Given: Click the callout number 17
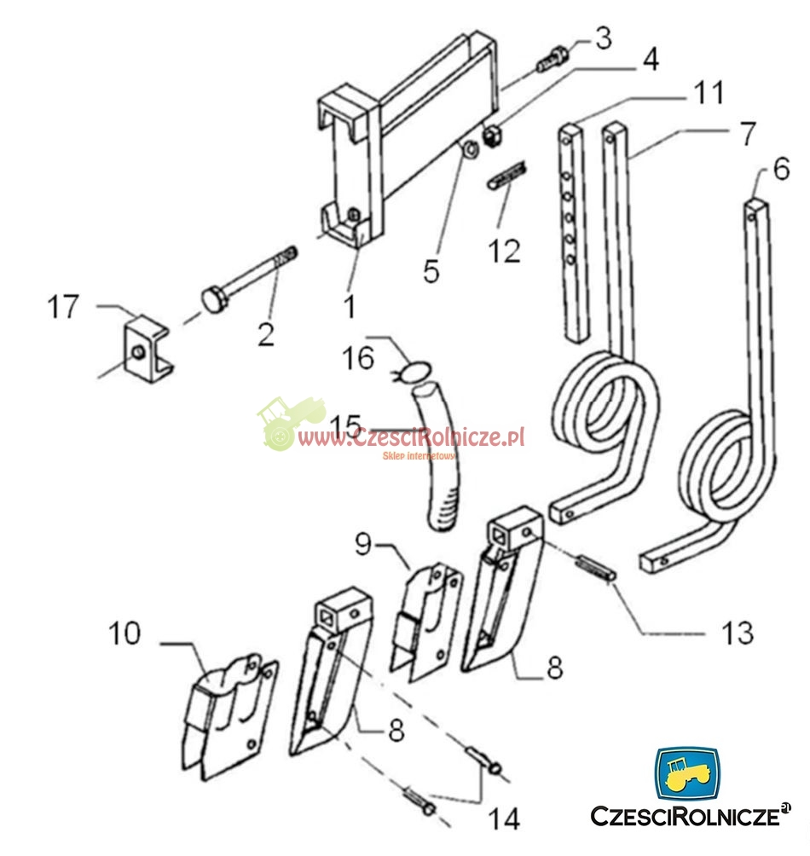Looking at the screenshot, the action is coord(63,307).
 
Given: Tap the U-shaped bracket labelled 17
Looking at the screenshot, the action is coord(148,349).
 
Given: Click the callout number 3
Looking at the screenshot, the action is coord(604,38).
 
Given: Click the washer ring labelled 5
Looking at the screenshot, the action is coord(470,149).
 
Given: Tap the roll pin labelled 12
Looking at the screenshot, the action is coord(507,176).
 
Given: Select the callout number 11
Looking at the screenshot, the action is coord(709,93).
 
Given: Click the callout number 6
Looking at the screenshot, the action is coord(782,169).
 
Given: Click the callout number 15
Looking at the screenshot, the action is coord(346,425).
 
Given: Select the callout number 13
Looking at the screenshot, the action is coord(738,633).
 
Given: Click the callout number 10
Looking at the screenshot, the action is coord(124,633).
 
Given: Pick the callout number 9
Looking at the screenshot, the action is coord(363,544).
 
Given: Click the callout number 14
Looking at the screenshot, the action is coord(504,818).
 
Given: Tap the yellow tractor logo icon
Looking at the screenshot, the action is coord(687,773).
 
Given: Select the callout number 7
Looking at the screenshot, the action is coord(748,134).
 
